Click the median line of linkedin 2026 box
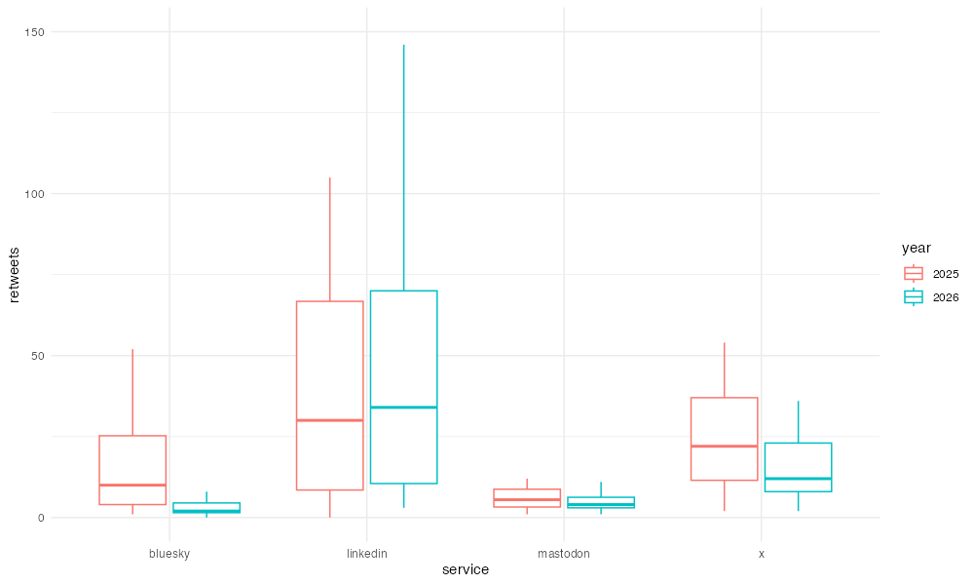coord(404,408)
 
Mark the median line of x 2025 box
coord(725,447)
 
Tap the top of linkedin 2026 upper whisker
coord(404,45)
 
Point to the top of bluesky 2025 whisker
coord(132,349)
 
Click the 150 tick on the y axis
coord(35,32)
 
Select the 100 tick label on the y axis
coord(35,194)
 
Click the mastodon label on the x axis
coord(563,553)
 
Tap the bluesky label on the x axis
coord(169,554)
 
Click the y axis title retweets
coord(15,275)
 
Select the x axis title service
coord(466,569)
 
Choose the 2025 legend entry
coord(931,274)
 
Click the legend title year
coord(917,248)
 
